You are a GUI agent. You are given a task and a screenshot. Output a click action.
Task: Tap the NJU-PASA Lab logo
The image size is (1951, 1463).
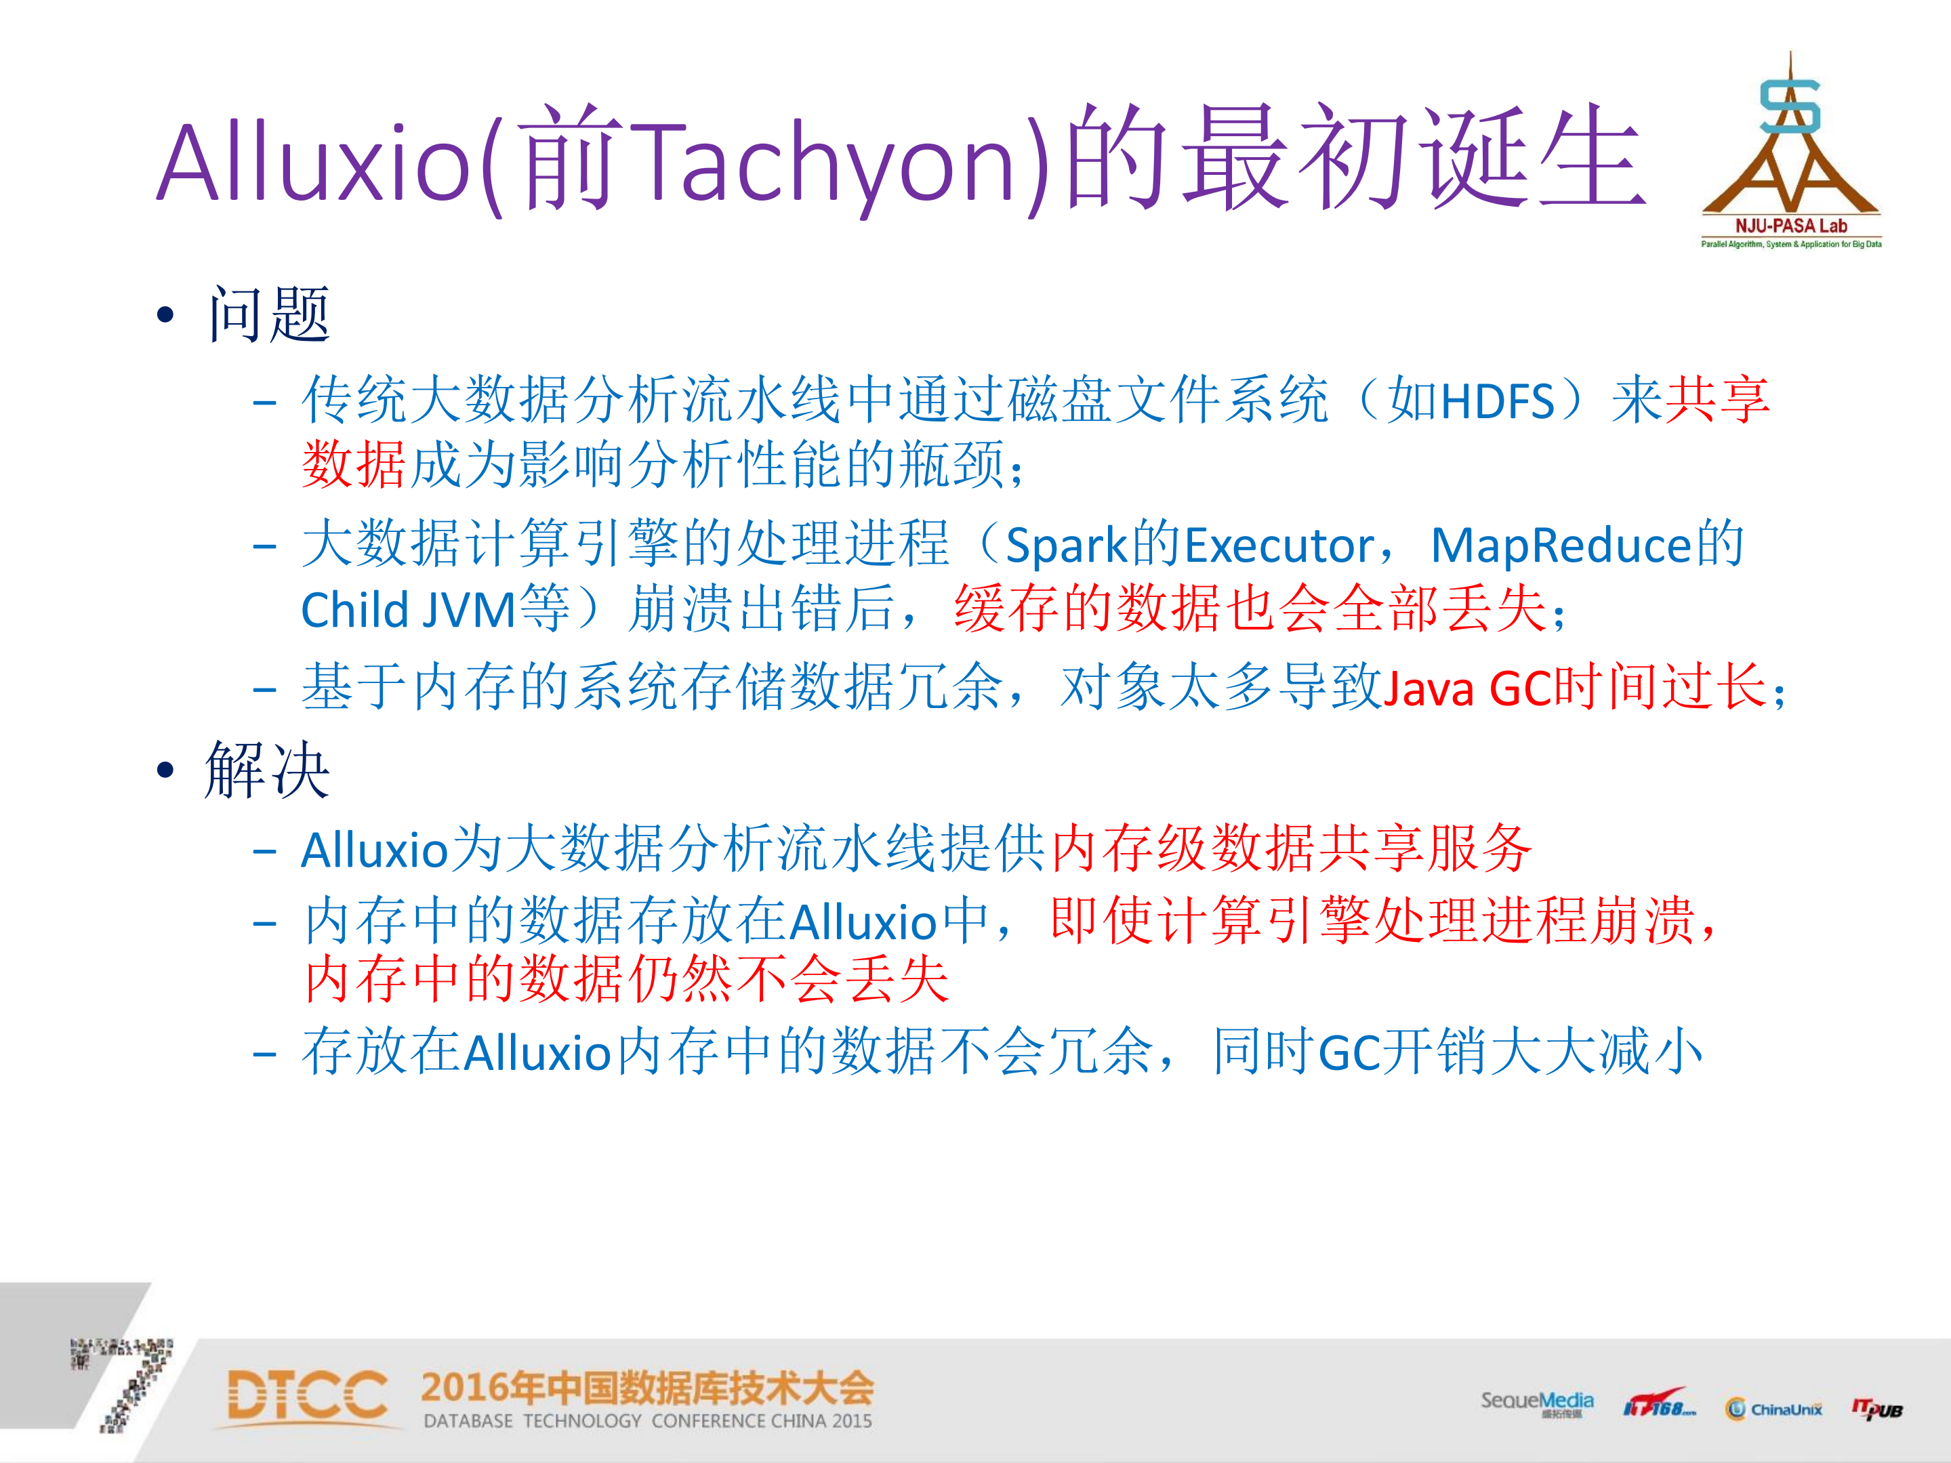tap(1790, 154)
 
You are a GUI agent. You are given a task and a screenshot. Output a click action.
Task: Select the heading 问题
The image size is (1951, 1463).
tap(269, 315)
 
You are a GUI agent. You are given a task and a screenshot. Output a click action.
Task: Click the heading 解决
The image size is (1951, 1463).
tap(267, 770)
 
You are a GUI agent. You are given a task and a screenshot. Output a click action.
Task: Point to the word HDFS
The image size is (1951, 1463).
tap(1498, 402)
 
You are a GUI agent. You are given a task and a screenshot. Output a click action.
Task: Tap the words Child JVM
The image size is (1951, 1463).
tap(407, 611)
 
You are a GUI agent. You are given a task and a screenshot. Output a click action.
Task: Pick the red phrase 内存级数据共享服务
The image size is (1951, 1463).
tap(1291, 849)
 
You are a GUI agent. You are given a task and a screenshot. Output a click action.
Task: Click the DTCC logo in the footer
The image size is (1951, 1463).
tap(307, 1397)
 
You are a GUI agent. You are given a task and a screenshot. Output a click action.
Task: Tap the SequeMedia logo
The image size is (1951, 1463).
tap(1536, 1402)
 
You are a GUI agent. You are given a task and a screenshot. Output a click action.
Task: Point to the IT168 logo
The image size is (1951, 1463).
tap(1658, 1405)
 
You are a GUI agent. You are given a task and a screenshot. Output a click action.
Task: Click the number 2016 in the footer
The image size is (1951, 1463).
tap(465, 1388)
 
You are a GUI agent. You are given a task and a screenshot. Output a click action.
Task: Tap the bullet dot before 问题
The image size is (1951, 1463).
tap(165, 316)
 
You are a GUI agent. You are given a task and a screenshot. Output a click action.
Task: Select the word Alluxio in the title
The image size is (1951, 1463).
tap(313, 163)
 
